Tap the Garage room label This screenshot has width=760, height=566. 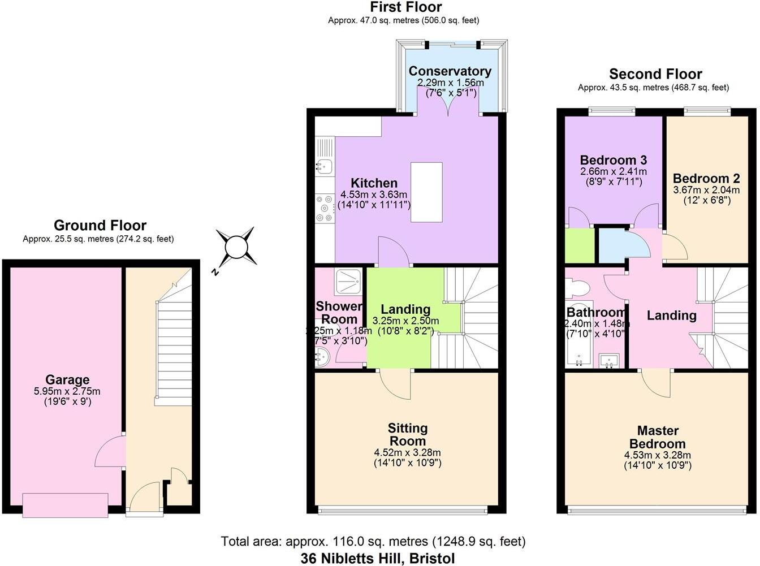click(67, 380)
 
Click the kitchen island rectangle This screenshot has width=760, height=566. click(426, 192)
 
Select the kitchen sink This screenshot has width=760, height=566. click(324, 166)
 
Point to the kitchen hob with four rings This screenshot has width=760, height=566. click(325, 208)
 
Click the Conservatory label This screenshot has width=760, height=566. click(450, 71)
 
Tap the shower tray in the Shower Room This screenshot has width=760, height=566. click(349, 282)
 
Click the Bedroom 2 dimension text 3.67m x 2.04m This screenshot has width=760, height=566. click(706, 190)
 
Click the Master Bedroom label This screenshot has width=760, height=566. click(657, 437)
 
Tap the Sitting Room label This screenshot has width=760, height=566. click(407, 434)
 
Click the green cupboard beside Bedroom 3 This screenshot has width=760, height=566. click(579, 245)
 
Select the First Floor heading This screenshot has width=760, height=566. click(405, 7)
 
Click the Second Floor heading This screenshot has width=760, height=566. click(655, 74)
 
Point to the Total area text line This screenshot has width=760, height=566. click(373, 541)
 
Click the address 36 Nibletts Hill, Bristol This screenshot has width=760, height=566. click(378, 559)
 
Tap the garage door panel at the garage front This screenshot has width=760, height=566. click(65, 505)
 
